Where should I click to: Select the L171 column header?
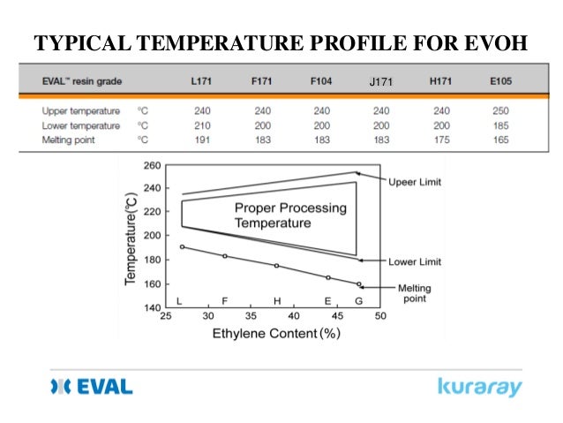click(202, 82)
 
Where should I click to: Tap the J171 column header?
click(381, 83)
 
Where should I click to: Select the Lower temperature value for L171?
click(202, 125)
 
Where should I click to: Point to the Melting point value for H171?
click(440, 140)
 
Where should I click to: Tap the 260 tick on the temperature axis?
click(151, 165)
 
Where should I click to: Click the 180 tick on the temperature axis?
click(151, 261)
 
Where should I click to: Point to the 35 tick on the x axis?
click(251, 316)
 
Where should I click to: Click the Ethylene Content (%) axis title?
click(275, 333)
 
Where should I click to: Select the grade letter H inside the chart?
click(277, 301)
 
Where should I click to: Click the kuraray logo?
click(479, 387)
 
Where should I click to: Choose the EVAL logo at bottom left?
click(93, 387)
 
